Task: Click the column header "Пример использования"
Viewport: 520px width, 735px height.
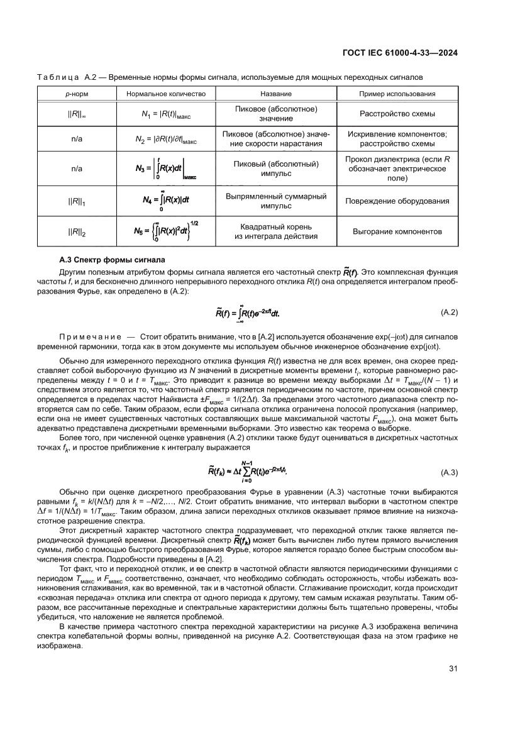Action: coord(397,94)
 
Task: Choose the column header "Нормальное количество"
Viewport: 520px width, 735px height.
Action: coord(166,94)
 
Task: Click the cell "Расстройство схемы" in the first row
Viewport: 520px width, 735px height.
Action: coord(397,114)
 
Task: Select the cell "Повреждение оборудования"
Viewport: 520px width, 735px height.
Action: coord(397,201)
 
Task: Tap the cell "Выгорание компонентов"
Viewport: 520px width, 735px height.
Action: coord(397,232)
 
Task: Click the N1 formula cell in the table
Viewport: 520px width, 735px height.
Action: coord(166,114)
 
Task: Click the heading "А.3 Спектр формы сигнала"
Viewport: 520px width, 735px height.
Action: coord(107,260)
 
